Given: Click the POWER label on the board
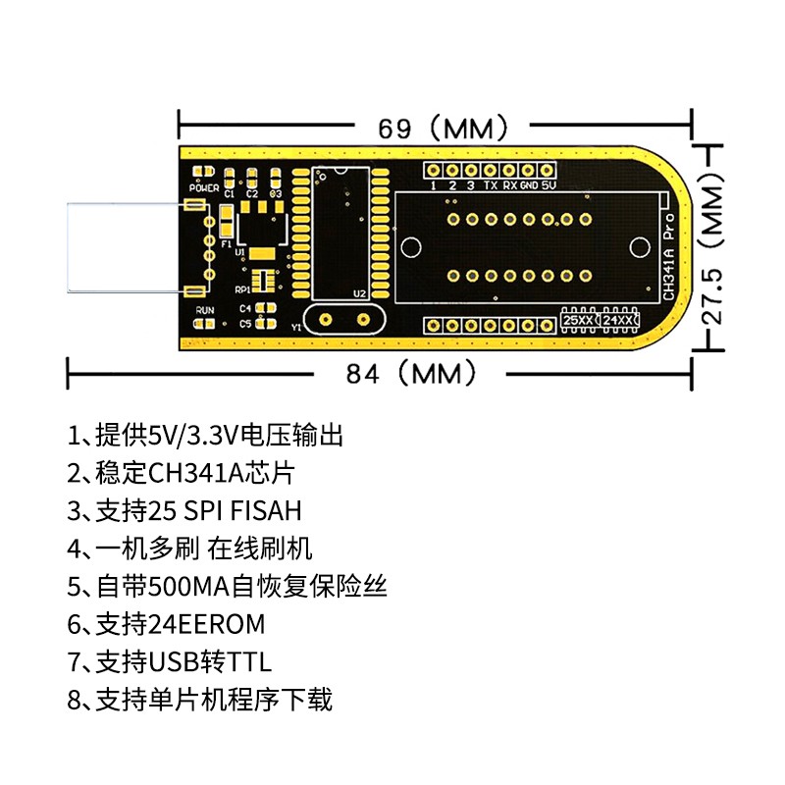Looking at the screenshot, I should pos(205,184).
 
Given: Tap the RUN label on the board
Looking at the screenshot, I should pos(204,310).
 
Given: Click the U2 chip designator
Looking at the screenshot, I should pos(359,293).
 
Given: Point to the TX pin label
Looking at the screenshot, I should pos(490,185).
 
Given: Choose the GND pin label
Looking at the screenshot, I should pos(528,185).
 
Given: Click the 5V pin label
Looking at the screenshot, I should pos(549,185).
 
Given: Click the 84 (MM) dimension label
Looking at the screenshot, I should pos(412,373).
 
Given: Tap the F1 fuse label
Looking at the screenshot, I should pos(227,243).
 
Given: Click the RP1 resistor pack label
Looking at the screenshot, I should pos(242,290).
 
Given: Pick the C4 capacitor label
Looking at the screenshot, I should pos(245,308).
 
